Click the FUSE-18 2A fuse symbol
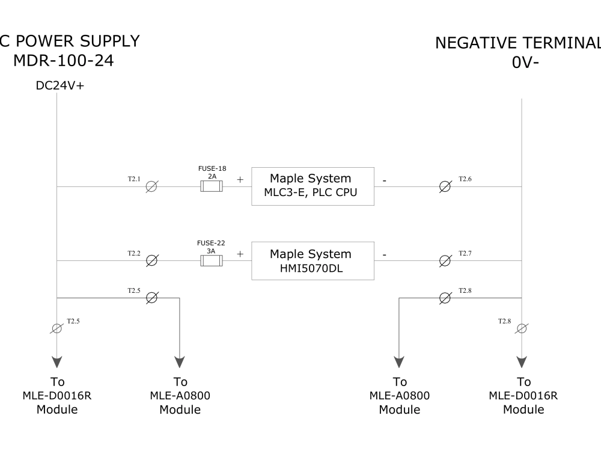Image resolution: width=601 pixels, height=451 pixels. pyautogui.click(x=211, y=187)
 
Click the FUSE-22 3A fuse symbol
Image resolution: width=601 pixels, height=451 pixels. pyautogui.click(x=211, y=261)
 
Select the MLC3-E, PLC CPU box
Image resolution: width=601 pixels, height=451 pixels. pyautogui.click(x=313, y=186)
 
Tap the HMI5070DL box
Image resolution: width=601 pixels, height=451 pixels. pyautogui.click(x=313, y=261)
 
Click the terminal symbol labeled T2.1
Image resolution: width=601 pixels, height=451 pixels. pyautogui.click(x=151, y=187)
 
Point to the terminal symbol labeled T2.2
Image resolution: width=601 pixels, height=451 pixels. pyautogui.click(x=152, y=261)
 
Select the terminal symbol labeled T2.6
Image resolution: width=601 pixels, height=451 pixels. pyautogui.click(x=445, y=187)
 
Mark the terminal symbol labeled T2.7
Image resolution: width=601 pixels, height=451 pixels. pyautogui.click(x=445, y=261)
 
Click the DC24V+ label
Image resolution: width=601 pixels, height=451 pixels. pyautogui.click(x=60, y=86)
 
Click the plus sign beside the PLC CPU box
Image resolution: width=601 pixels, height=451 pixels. pyautogui.click(x=240, y=179)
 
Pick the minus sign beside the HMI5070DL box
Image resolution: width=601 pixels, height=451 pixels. pyautogui.click(x=385, y=254)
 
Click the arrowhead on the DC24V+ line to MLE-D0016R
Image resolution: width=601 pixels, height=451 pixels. pyautogui.click(x=56, y=361)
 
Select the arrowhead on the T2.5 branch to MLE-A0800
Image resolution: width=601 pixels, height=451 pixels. pyautogui.click(x=180, y=361)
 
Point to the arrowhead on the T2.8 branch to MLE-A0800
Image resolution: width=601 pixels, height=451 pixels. pyautogui.click(x=399, y=361)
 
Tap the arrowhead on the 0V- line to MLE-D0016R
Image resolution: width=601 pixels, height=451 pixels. pyautogui.click(x=522, y=361)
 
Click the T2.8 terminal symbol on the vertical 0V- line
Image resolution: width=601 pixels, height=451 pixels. pyautogui.click(x=522, y=328)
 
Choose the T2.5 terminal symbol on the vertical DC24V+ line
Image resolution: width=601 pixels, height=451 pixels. pyautogui.click(x=56, y=328)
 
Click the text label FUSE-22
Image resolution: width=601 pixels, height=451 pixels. pyautogui.click(x=211, y=243)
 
